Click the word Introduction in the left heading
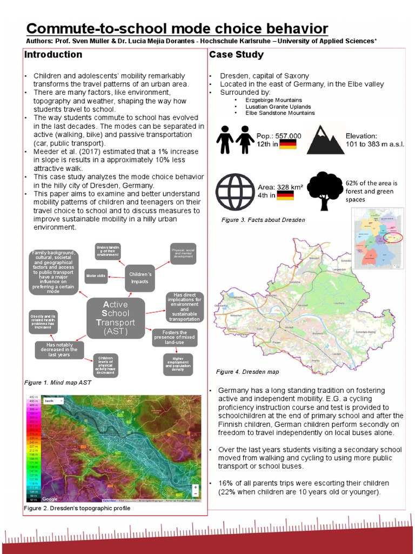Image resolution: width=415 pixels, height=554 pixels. coord(53,55)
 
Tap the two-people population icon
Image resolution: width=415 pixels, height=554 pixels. coord(235,140)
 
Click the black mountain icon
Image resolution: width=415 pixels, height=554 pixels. coord(325,140)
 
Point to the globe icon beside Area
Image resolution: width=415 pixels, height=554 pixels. coord(235,192)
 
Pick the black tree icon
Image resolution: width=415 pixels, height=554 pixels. coord(325,190)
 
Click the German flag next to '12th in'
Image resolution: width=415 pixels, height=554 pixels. coord(287,144)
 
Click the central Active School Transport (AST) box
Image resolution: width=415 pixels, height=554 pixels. coord(116,318)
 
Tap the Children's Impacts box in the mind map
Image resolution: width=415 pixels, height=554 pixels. coord(140,277)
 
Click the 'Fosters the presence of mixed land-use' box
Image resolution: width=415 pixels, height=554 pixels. coord(175,338)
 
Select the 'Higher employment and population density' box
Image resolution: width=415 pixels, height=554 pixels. coord(178,364)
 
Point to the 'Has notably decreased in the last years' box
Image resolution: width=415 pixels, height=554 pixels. coord(58,349)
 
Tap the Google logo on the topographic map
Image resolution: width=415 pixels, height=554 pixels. coord(50,499)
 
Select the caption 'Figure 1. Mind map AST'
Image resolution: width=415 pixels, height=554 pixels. coord(58,382)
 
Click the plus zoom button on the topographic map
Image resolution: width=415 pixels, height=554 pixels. coord(195,486)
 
